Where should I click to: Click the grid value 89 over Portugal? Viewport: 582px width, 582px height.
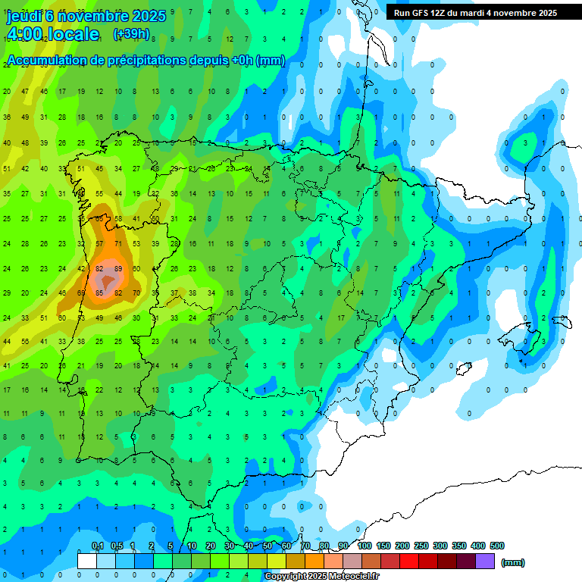(118, 268)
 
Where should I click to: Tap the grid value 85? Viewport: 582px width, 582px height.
(99, 293)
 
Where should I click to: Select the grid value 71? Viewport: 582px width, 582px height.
(118, 243)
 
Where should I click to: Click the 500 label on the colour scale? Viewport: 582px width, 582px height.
(497, 546)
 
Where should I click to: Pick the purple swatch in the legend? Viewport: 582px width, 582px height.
(486, 561)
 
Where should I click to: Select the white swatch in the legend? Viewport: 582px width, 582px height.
(87, 561)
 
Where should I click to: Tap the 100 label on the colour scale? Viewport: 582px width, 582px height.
(365, 546)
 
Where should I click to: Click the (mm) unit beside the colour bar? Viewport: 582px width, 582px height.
(513, 562)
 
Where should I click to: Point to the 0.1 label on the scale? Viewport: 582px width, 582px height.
(97, 546)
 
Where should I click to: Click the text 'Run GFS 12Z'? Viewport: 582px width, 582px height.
(421, 13)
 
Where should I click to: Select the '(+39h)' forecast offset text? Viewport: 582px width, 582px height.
(130, 34)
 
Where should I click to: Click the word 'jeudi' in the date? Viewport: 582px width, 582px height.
(23, 16)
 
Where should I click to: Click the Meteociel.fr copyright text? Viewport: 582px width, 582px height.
(322, 577)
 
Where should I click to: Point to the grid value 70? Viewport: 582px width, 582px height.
(136, 293)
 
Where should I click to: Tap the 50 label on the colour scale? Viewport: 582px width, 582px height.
(268, 546)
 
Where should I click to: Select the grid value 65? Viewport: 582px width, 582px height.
(81, 293)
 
